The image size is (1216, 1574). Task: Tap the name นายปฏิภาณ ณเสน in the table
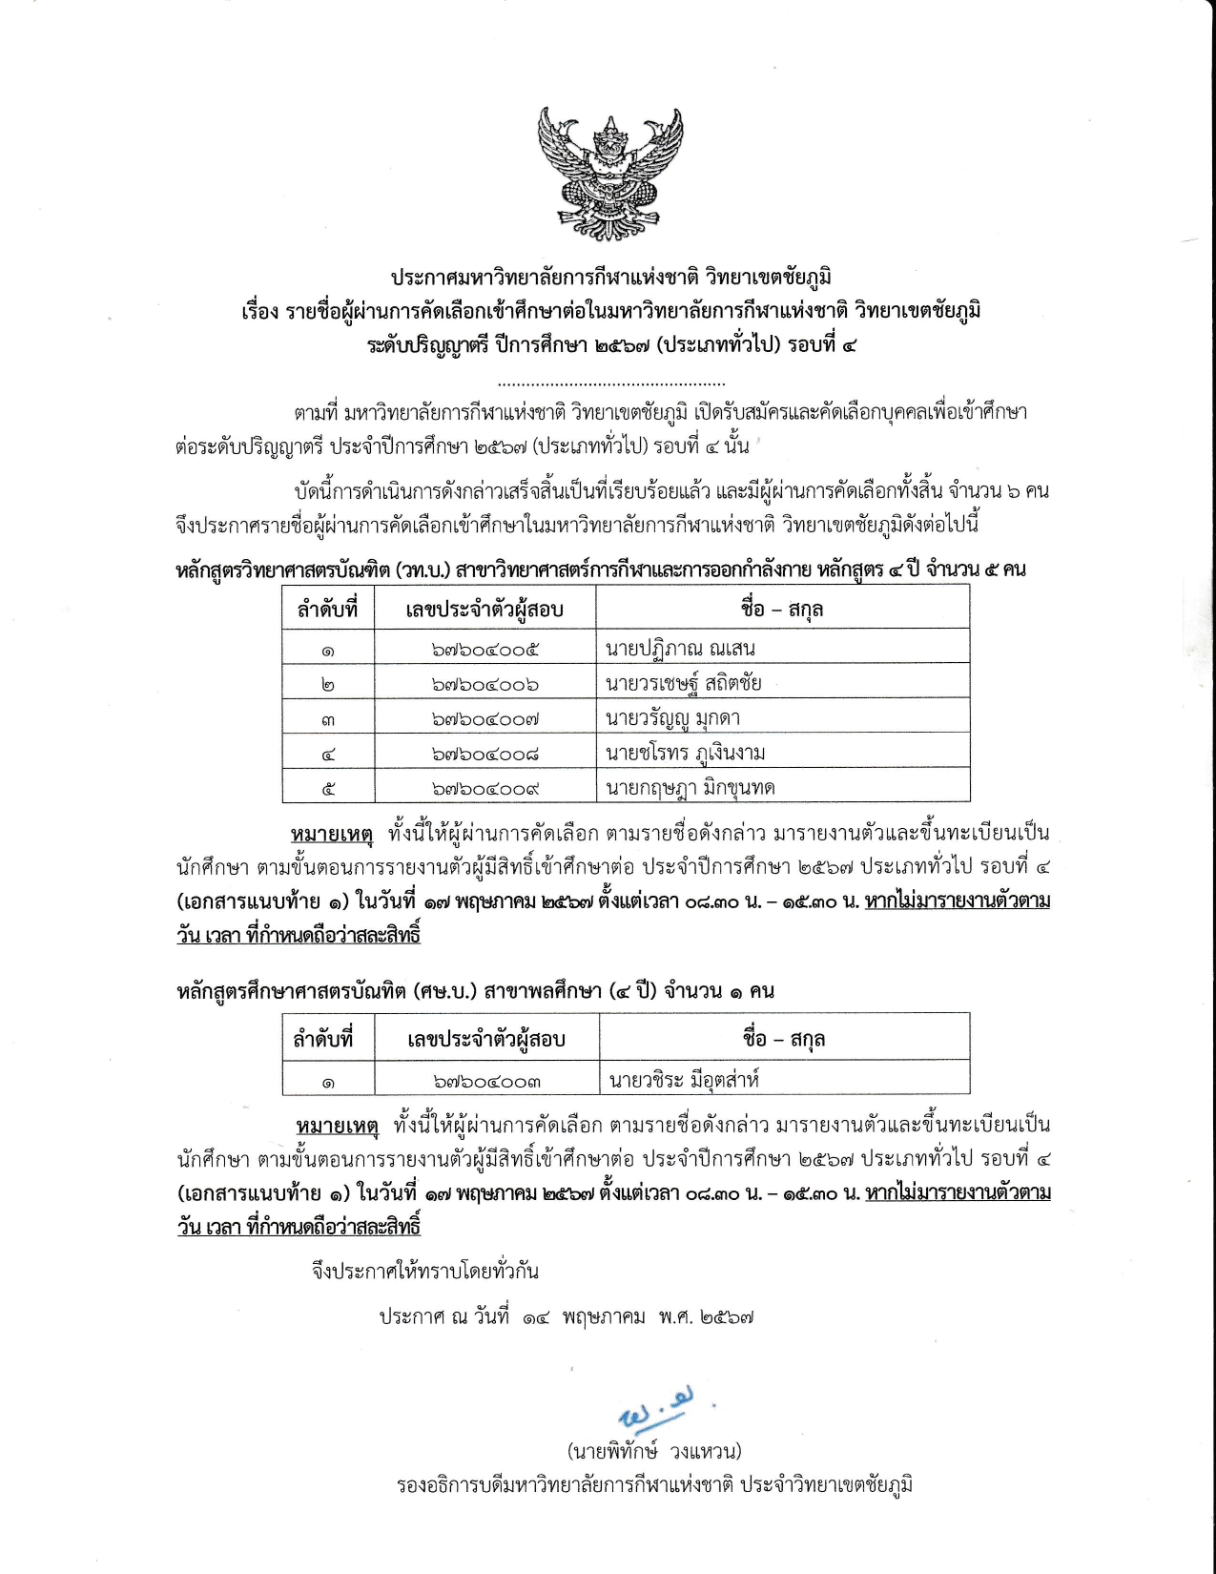(x=680, y=650)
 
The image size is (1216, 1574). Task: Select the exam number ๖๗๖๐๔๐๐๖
(x=484, y=685)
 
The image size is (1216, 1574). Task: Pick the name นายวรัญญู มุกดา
(x=672, y=718)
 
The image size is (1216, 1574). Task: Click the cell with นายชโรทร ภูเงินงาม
(x=685, y=754)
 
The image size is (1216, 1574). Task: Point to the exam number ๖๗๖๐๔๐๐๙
(x=484, y=789)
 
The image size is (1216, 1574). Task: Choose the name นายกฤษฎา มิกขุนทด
(x=690, y=788)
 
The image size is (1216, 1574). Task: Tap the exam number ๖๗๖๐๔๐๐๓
(x=486, y=1082)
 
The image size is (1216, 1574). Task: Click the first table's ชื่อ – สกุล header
(x=782, y=609)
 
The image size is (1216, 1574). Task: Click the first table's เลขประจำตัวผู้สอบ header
(x=484, y=610)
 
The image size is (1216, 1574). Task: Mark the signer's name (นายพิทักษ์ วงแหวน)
(x=654, y=1452)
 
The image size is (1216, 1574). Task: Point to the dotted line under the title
(x=611, y=383)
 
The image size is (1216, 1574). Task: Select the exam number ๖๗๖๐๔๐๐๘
(x=484, y=755)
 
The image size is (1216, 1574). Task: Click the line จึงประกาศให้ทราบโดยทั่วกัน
(x=425, y=1271)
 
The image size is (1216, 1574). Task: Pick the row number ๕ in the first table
(x=327, y=789)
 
